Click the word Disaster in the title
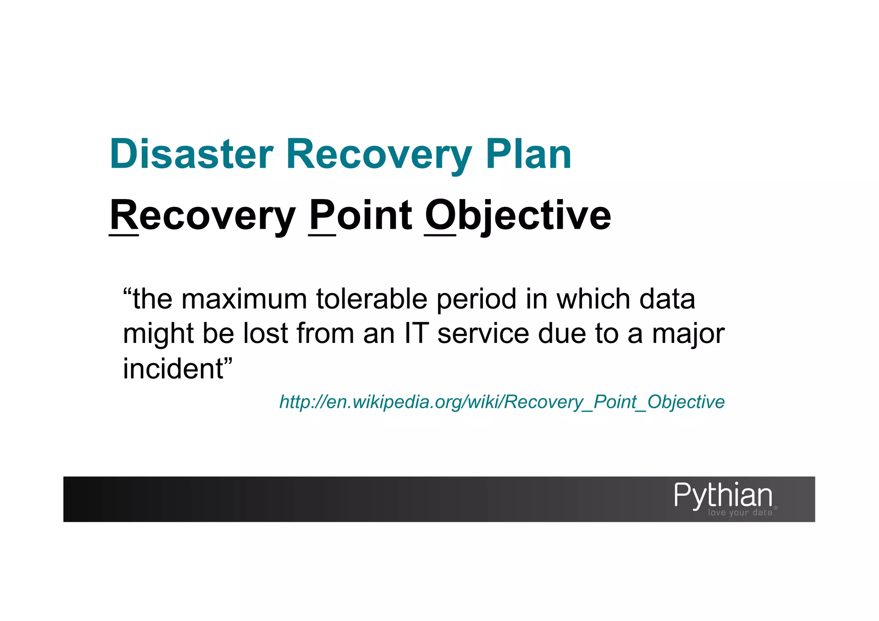click(x=191, y=154)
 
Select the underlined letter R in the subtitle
click(x=124, y=215)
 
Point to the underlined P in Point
click(x=322, y=215)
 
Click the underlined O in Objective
click(x=440, y=215)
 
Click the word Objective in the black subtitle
click(x=518, y=216)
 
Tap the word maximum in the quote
click(x=244, y=299)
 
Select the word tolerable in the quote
click(x=372, y=299)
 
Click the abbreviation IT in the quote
click(x=416, y=333)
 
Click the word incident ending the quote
click(x=173, y=369)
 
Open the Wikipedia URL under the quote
click(x=502, y=402)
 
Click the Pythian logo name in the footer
click(x=723, y=495)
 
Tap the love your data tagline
click(x=740, y=513)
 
